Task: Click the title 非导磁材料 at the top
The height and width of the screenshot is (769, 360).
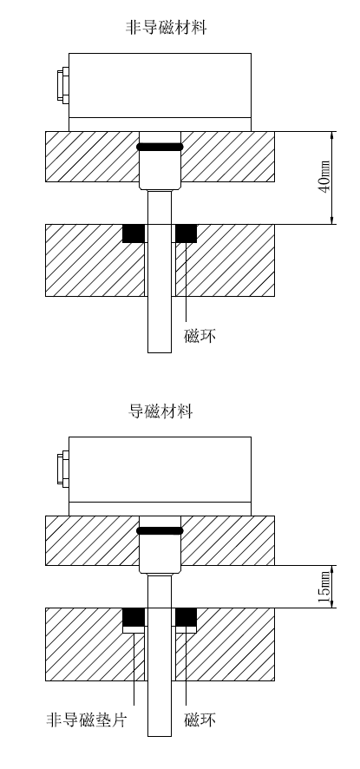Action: [x=167, y=28]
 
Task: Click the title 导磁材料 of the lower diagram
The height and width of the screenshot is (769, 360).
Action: [x=160, y=411]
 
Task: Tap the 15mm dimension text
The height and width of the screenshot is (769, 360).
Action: [x=324, y=587]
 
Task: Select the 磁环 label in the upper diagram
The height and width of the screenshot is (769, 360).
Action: [x=200, y=336]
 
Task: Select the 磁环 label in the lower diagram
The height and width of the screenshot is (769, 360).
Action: [x=200, y=720]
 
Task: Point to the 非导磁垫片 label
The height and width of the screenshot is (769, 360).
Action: [x=87, y=720]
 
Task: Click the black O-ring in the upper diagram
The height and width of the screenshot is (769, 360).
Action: [x=160, y=147]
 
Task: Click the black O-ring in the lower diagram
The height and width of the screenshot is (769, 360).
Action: [x=160, y=530]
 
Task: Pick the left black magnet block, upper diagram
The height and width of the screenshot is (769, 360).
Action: [x=134, y=233]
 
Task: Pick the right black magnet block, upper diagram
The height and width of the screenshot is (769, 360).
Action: [x=186, y=233]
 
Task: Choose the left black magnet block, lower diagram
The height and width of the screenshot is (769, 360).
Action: [x=134, y=617]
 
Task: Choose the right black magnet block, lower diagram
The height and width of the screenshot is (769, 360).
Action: [x=186, y=617]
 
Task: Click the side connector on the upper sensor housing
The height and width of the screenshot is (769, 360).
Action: [x=62, y=86]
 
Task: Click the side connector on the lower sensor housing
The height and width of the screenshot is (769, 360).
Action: [x=62, y=470]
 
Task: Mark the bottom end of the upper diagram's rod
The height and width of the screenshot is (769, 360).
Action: [x=160, y=352]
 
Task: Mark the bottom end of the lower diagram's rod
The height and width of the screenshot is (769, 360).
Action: [x=160, y=736]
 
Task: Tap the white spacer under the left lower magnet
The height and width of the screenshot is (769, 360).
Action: [x=134, y=629]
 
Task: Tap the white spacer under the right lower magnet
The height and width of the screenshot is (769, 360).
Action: [x=186, y=629]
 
